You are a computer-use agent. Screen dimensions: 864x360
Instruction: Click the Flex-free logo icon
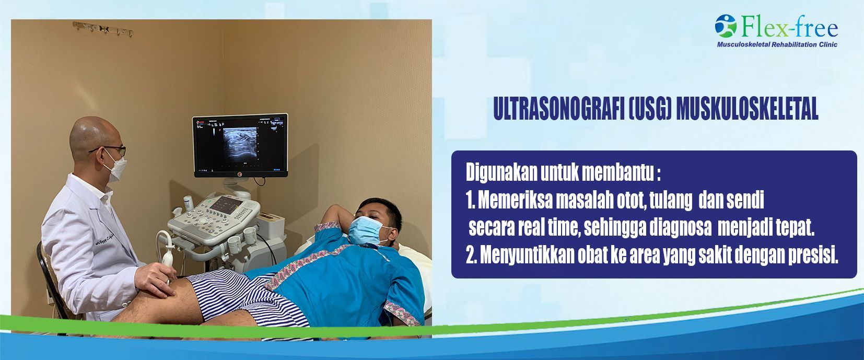726,26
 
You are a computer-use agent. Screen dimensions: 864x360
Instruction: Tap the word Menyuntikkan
527,255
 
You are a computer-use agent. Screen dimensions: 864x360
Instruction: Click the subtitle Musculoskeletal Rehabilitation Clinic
777,44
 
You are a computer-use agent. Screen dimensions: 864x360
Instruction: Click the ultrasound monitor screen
240,145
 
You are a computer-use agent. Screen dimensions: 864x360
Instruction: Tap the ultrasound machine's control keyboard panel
215,218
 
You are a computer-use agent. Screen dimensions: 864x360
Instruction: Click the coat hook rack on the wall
103,29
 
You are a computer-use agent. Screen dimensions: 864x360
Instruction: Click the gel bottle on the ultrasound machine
189,203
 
